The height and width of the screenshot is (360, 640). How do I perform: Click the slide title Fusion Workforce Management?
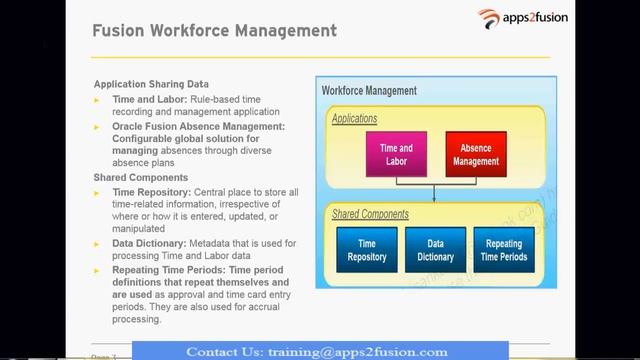point(215,31)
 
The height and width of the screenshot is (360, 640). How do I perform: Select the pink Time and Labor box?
point(397,155)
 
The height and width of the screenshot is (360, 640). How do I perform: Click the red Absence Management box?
point(476,155)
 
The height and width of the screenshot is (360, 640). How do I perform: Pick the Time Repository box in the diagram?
point(366,250)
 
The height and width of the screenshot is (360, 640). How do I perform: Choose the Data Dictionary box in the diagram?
point(435,250)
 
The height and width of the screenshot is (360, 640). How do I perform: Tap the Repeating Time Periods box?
point(504,250)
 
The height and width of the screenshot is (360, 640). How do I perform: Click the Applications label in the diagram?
point(356,119)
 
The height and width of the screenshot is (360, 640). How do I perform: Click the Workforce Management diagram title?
point(370,91)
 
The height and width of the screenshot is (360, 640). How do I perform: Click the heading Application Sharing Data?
point(158,85)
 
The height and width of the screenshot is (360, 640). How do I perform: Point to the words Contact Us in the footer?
point(224,351)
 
